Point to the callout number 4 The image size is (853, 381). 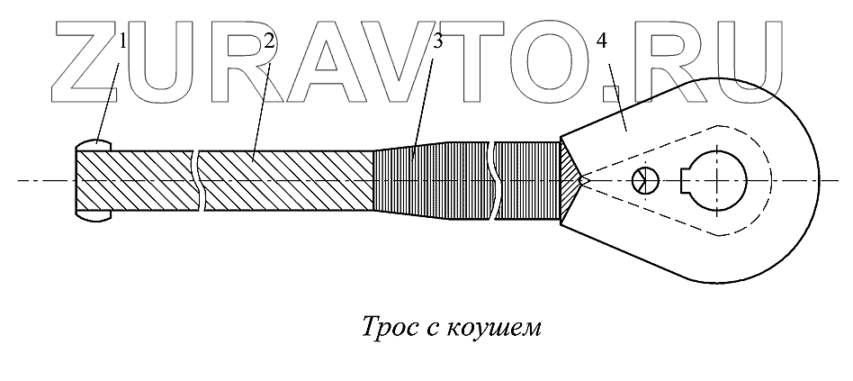click(x=602, y=41)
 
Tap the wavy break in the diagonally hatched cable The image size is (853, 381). click(x=199, y=180)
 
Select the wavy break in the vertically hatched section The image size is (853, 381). click(x=491, y=180)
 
